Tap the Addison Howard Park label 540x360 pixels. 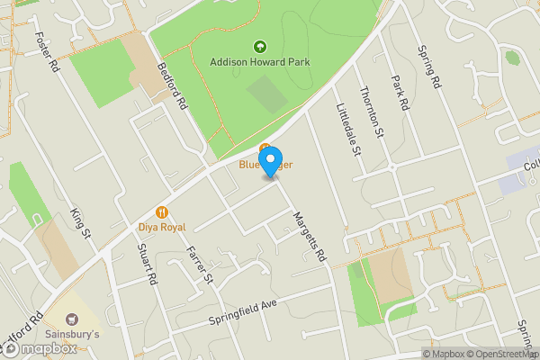260,62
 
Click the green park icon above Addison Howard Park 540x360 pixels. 260,46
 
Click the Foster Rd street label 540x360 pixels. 46,54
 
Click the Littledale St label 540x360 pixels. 347,130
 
